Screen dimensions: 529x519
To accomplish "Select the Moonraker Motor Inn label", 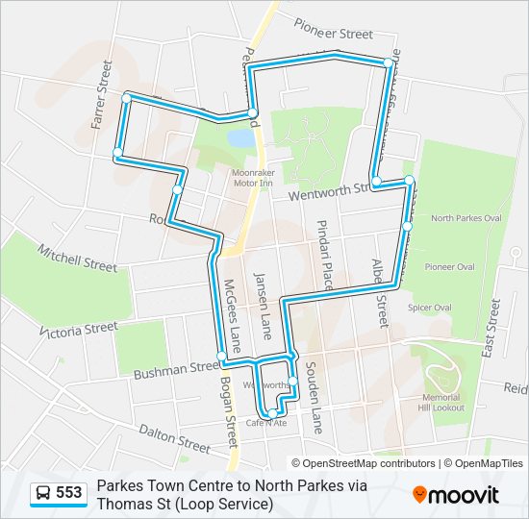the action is (254, 180).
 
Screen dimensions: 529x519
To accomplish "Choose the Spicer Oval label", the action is (430, 308).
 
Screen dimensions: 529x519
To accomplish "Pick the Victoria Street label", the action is (79, 330).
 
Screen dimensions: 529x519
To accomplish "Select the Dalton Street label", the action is (173, 439).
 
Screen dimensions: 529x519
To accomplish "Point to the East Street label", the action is (492, 328).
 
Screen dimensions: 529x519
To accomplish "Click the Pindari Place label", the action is (325, 255).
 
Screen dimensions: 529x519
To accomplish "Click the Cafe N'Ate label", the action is (266, 423).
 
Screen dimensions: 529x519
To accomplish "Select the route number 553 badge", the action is (68, 493).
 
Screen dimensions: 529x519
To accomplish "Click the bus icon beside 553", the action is (43, 493).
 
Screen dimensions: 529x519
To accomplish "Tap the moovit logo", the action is (456, 495).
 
